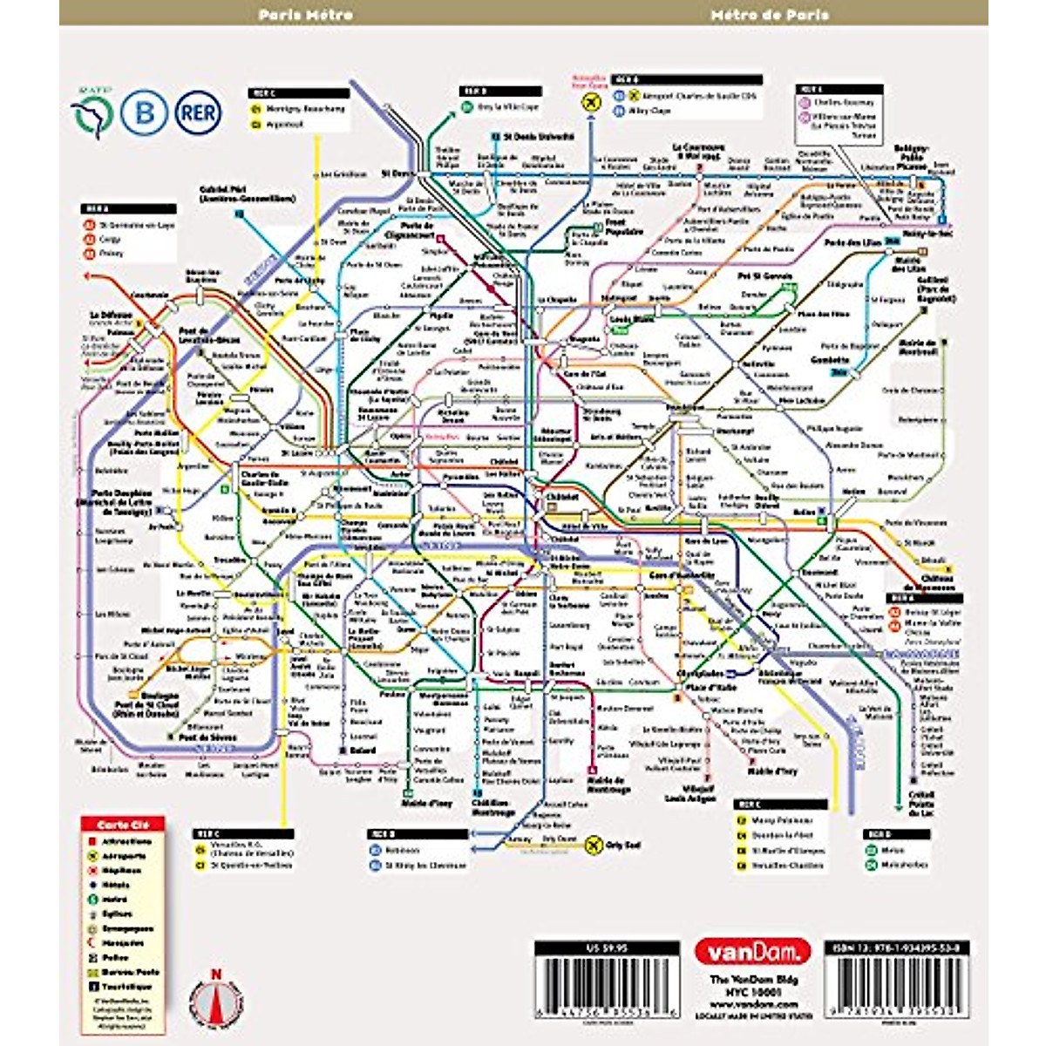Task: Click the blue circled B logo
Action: tap(144, 112)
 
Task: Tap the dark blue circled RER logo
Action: tap(198, 112)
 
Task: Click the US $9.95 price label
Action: tap(607, 948)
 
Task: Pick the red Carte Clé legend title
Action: tap(121, 825)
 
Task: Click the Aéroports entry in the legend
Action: tap(123, 856)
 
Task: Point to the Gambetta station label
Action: tap(829, 359)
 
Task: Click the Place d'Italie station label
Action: tap(710, 689)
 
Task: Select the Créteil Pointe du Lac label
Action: tap(920, 804)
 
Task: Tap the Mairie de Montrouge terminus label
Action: tap(608, 785)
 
